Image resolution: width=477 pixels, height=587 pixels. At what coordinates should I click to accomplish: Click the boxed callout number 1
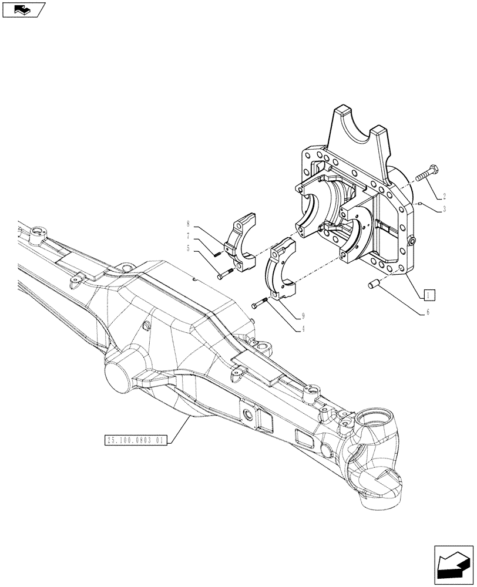click(x=429, y=294)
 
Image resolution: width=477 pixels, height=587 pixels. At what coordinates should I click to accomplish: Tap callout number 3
click(x=445, y=209)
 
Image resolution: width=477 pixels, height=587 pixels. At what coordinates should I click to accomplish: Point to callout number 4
click(x=303, y=330)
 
